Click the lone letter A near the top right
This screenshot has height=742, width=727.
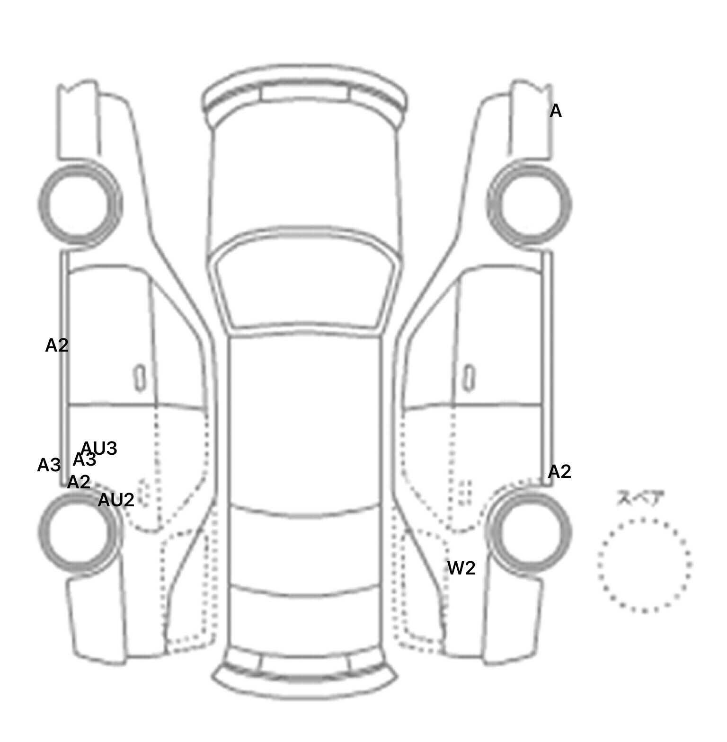click(555, 111)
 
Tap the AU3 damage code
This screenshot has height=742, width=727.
click(99, 448)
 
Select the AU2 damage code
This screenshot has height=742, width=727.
click(116, 500)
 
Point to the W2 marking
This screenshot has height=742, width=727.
click(461, 568)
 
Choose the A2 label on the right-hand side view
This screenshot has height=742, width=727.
click(559, 472)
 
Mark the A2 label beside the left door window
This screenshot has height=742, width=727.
click(57, 345)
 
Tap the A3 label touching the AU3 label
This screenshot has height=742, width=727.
click(84, 459)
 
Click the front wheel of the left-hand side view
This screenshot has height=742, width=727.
click(80, 203)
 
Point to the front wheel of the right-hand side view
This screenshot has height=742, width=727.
click(529, 204)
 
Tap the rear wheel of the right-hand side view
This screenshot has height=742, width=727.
click(529, 531)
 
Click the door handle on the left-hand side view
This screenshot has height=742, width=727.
click(140, 378)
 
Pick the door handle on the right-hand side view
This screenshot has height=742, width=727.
click(469, 378)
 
